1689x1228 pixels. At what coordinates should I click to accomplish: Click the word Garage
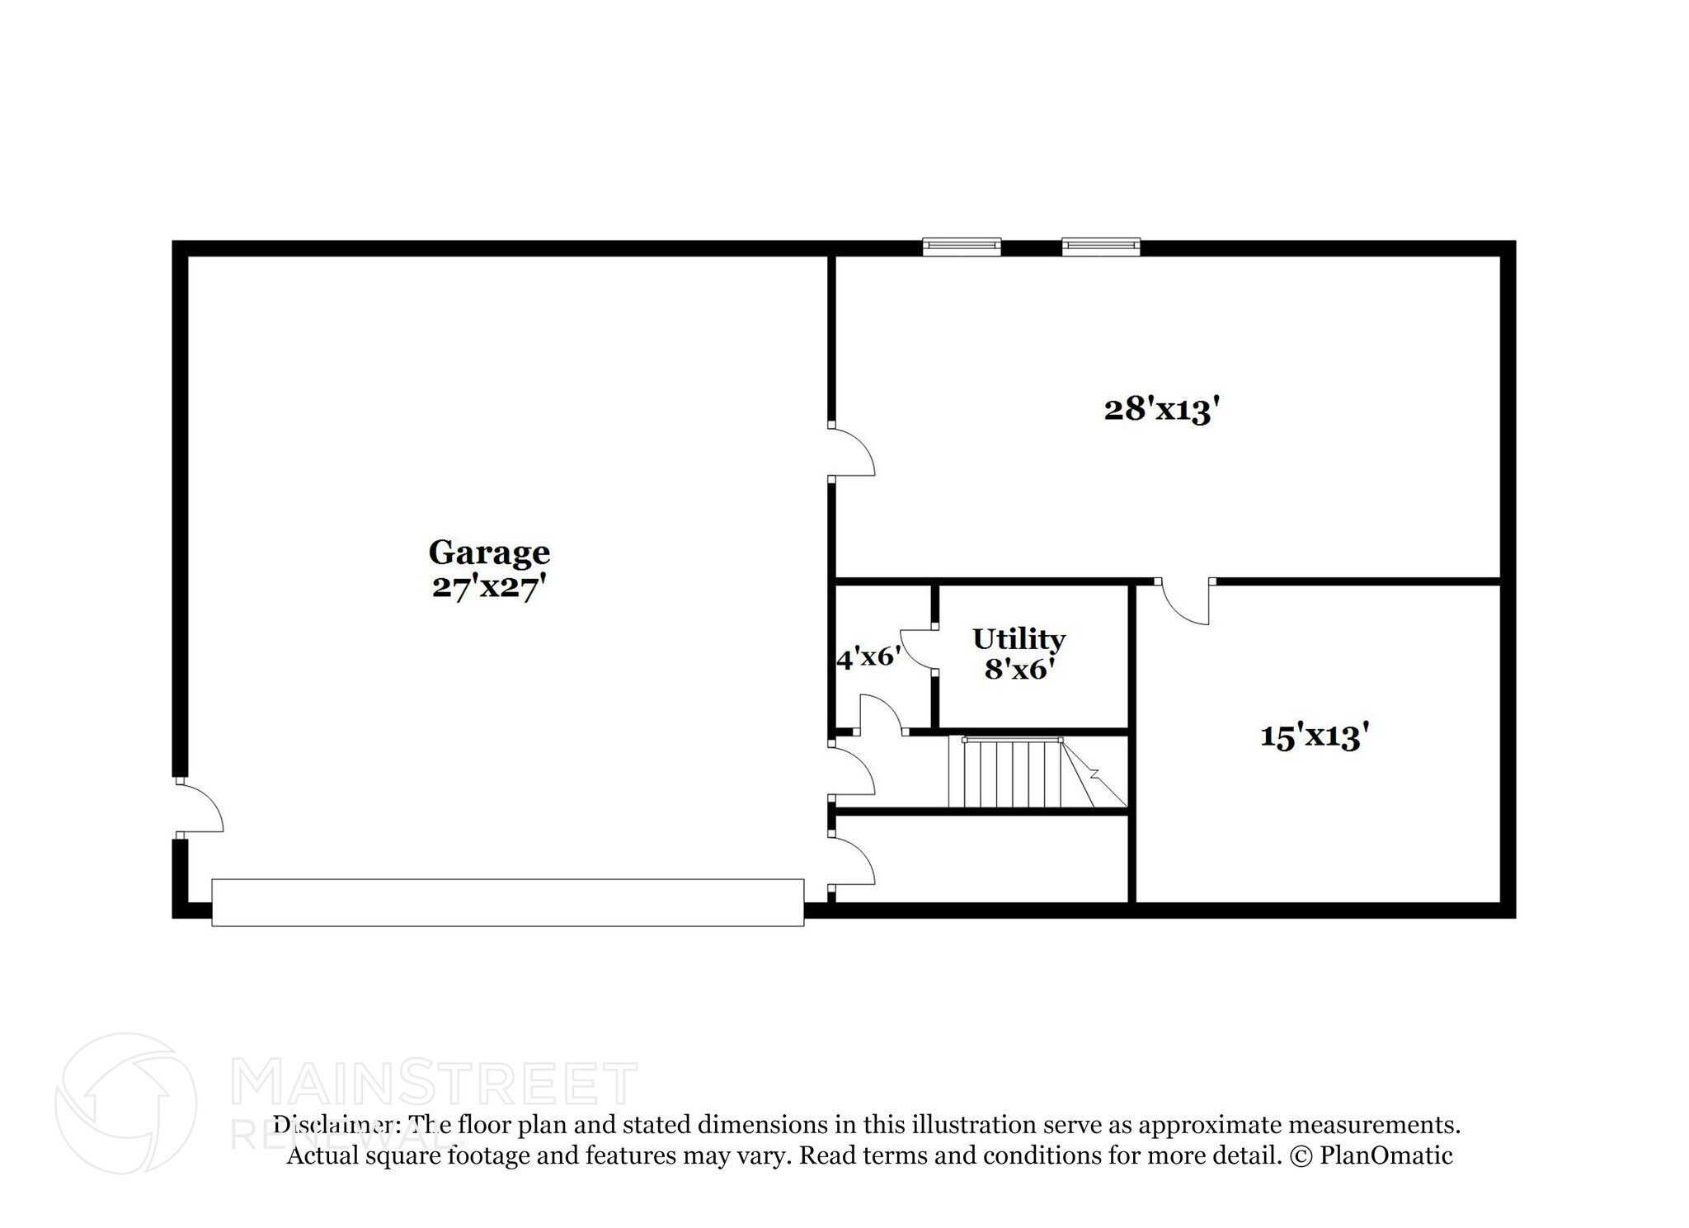tap(488, 552)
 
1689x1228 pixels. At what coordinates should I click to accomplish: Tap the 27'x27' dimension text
tap(488, 588)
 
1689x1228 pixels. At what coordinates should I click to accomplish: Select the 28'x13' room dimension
tap(1161, 409)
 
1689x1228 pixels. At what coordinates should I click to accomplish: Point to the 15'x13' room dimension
tap(1314, 736)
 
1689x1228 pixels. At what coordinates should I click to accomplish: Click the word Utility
tap(1019, 638)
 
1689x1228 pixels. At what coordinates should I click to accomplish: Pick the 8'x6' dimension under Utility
tap(1019, 669)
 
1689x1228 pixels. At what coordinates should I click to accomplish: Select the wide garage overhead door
tap(507, 902)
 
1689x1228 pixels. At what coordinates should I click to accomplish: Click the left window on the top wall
tap(962, 246)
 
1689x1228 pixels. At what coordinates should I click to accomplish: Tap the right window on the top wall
tap(1101, 246)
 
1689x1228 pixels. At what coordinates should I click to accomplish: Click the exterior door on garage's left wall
tap(198, 808)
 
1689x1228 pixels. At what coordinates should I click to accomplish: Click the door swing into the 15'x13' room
tap(1185, 602)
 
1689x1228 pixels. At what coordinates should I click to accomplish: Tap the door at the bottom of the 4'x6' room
tap(881, 714)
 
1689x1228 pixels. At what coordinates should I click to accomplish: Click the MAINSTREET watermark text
tap(434, 1084)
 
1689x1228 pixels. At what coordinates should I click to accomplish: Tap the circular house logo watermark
tap(125, 1103)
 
